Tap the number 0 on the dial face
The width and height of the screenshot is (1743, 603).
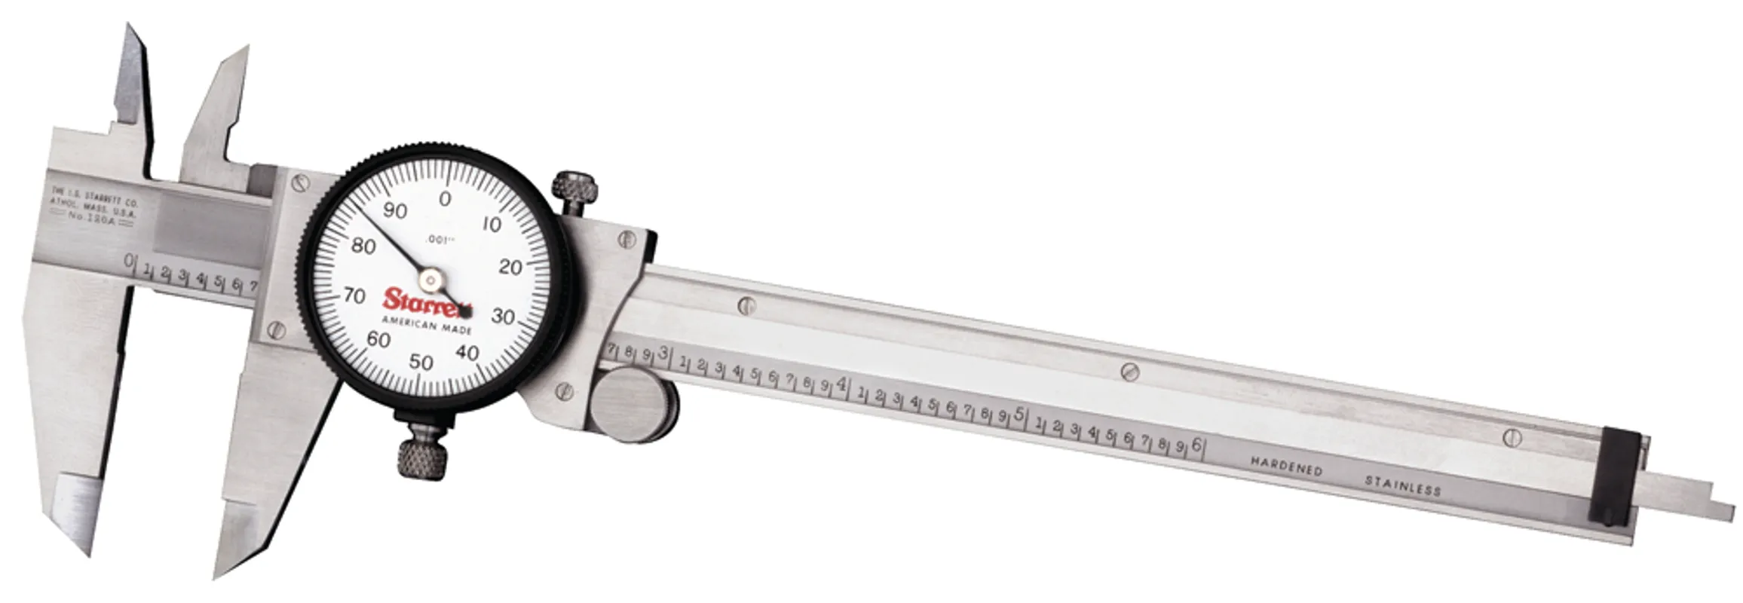[x=445, y=199]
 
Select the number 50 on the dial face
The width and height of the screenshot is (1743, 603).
[x=421, y=363]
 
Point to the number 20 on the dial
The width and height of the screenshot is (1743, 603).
[x=510, y=267]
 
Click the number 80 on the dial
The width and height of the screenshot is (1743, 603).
[x=363, y=246]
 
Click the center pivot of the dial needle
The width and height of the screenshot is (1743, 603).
[x=430, y=282]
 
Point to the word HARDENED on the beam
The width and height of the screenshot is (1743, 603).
[x=1286, y=465]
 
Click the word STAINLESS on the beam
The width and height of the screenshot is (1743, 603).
[x=1402, y=485]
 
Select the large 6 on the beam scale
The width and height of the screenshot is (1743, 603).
[x=1196, y=446]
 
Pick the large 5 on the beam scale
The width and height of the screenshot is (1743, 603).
[x=1019, y=415]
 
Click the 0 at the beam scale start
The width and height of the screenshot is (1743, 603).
[x=129, y=262]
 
